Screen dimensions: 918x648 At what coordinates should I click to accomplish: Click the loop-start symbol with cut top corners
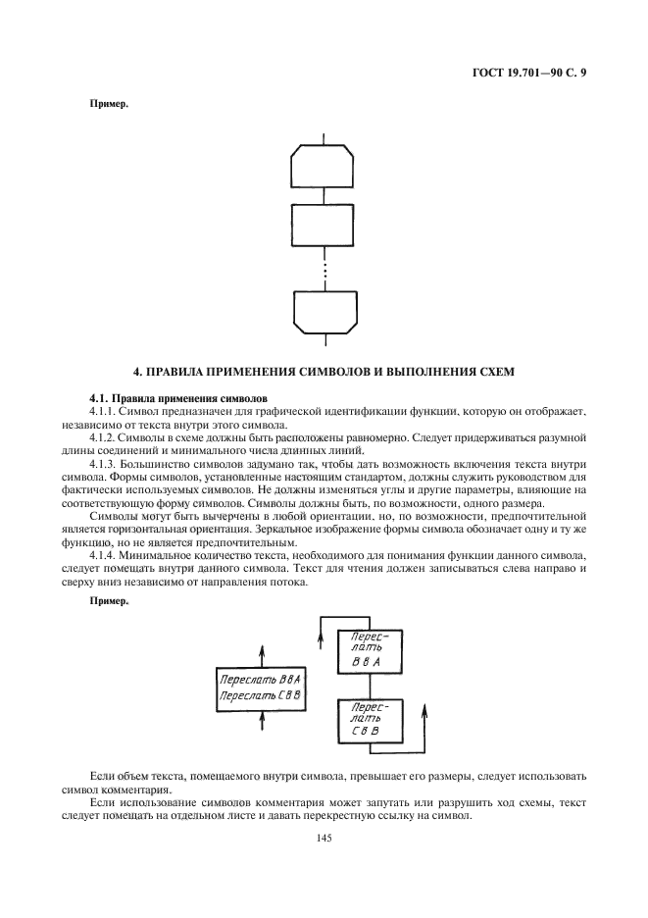click(324, 166)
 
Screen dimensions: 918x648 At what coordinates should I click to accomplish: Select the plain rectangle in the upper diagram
click(324, 226)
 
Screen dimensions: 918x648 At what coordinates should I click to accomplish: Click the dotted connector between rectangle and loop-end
click(324, 269)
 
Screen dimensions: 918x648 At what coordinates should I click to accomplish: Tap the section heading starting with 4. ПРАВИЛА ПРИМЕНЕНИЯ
click(324, 371)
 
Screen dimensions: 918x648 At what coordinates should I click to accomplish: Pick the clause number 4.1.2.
click(105, 435)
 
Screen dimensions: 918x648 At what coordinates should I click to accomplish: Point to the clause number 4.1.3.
click(105, 461)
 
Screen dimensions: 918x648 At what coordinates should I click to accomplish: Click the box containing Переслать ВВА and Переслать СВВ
click(261, 688)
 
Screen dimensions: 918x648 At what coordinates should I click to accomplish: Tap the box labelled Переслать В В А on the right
click(371, 649)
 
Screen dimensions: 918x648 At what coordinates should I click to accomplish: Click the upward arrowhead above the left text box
click(261, 649)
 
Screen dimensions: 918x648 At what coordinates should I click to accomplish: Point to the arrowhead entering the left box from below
click(261, 717)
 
